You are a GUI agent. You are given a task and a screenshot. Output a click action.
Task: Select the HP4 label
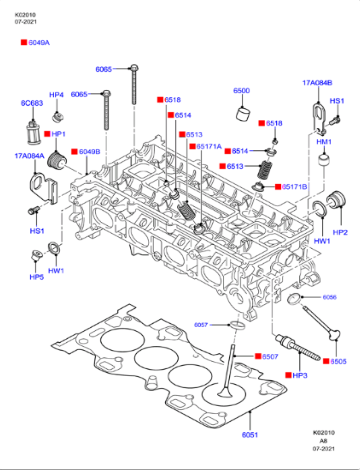pos(56,95)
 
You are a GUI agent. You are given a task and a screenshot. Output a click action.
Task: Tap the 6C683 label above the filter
pos(32,103)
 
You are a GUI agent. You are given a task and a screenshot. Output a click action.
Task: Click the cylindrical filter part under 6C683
pos(30,130)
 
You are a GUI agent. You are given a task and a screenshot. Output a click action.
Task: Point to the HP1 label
pos(58,134)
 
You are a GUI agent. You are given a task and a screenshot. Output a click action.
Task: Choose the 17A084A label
pos(28,156)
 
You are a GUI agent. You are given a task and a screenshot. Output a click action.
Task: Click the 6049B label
pos(89,152)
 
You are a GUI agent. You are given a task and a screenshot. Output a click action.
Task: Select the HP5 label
pos(37,276)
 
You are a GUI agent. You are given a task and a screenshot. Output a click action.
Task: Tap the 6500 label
pos(242,91)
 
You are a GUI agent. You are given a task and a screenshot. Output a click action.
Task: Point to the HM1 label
pos(323,142)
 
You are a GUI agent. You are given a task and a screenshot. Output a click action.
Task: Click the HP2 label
pos(340,232)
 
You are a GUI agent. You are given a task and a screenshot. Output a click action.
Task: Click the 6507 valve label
pos(270,356)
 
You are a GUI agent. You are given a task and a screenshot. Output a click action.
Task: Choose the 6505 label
pos(338,361)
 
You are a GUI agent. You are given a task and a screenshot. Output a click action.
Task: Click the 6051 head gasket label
pos(249,436)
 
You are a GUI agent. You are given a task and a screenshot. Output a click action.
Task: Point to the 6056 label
pos(330,298)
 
